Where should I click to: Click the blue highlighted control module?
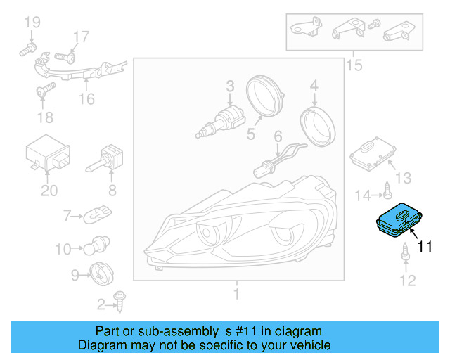coord(399,220)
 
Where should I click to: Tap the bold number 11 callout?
coord(425,247)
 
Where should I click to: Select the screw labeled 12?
coord(406,252)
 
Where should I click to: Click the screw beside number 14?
coord(387,190)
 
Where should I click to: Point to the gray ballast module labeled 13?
coord(373,154)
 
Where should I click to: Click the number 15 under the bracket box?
coord(354,65)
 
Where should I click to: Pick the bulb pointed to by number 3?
coord(220,122)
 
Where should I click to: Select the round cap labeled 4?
coord(318,127)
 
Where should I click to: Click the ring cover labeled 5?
coord(264,96)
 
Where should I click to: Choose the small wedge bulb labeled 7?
coord(97,214)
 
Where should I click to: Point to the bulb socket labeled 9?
coord(101,274)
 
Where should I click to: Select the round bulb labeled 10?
coord(97,245)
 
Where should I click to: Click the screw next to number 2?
coord(120,302)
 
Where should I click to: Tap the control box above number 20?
coord(48,152)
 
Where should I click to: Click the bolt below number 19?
coord(27,49)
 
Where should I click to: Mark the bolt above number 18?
coord(46,89)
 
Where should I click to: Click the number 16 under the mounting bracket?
coord(86,99)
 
